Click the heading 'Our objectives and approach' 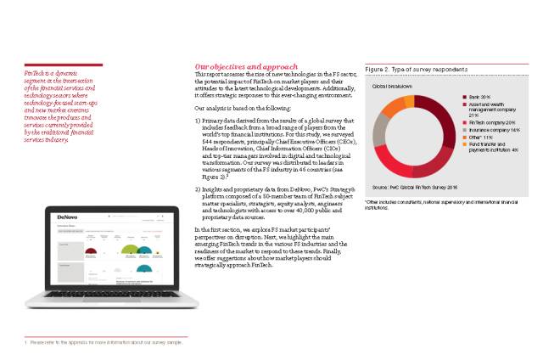point(246,67)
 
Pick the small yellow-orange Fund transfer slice point(410,101)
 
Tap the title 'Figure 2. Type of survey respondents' point(416,69)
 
